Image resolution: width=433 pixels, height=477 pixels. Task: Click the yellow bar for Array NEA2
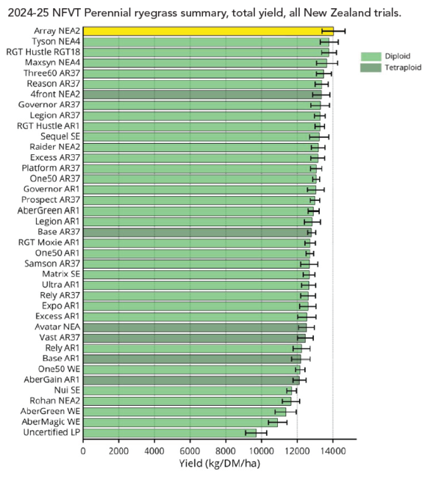click(x=208, y=31)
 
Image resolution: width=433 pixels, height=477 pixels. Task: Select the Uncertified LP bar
click(x=169, y=432)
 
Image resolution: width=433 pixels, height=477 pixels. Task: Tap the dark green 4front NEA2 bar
click(x=202, y=95)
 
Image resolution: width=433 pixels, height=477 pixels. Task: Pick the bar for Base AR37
click(x=197, y=233)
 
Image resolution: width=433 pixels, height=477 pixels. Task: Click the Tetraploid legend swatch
click(x=371, y=68)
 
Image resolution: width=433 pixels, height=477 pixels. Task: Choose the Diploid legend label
click(x=398, y=57)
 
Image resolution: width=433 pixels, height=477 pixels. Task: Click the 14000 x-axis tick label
click(x=332, y=451)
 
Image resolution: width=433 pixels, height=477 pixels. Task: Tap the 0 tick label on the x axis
click(x=83, y=451)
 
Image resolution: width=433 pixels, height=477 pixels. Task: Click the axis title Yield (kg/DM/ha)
click(x=220, y=464)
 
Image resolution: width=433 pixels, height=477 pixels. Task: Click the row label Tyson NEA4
click(x=56, y=41)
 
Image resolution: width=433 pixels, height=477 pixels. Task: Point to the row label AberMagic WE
click(x=51, y=422)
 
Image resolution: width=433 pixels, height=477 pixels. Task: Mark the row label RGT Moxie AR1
click(x=49, y=243)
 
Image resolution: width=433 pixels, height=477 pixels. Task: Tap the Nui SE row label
click(x=67, y=390)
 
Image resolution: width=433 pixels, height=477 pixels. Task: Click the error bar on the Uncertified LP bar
click(x=256, y=432)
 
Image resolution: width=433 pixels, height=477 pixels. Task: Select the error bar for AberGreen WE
click(x=285, y=412)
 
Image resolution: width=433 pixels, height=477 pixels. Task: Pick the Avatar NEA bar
click(x=195, y=327)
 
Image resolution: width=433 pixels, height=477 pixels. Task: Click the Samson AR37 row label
click(x=52, y=263)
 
